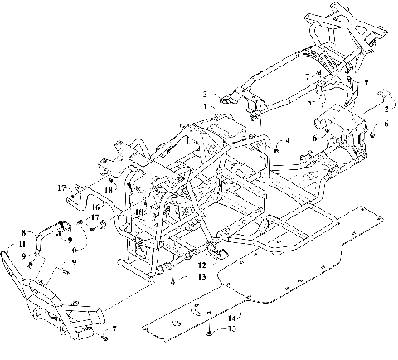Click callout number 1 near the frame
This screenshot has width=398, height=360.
[x=205, y=106]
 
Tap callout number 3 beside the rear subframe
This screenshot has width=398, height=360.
[x=205, y=94]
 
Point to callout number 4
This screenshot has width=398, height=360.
[x=288, y=141]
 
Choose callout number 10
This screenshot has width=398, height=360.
[x=73, y=249]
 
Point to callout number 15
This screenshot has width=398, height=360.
[x=231, y=329]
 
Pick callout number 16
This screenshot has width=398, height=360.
[x=95, y=207]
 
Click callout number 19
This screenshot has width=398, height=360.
[x=72, y=262]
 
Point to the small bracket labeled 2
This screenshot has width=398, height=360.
[x=383, y=94]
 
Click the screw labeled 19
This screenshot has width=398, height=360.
[x=63, y=270]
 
